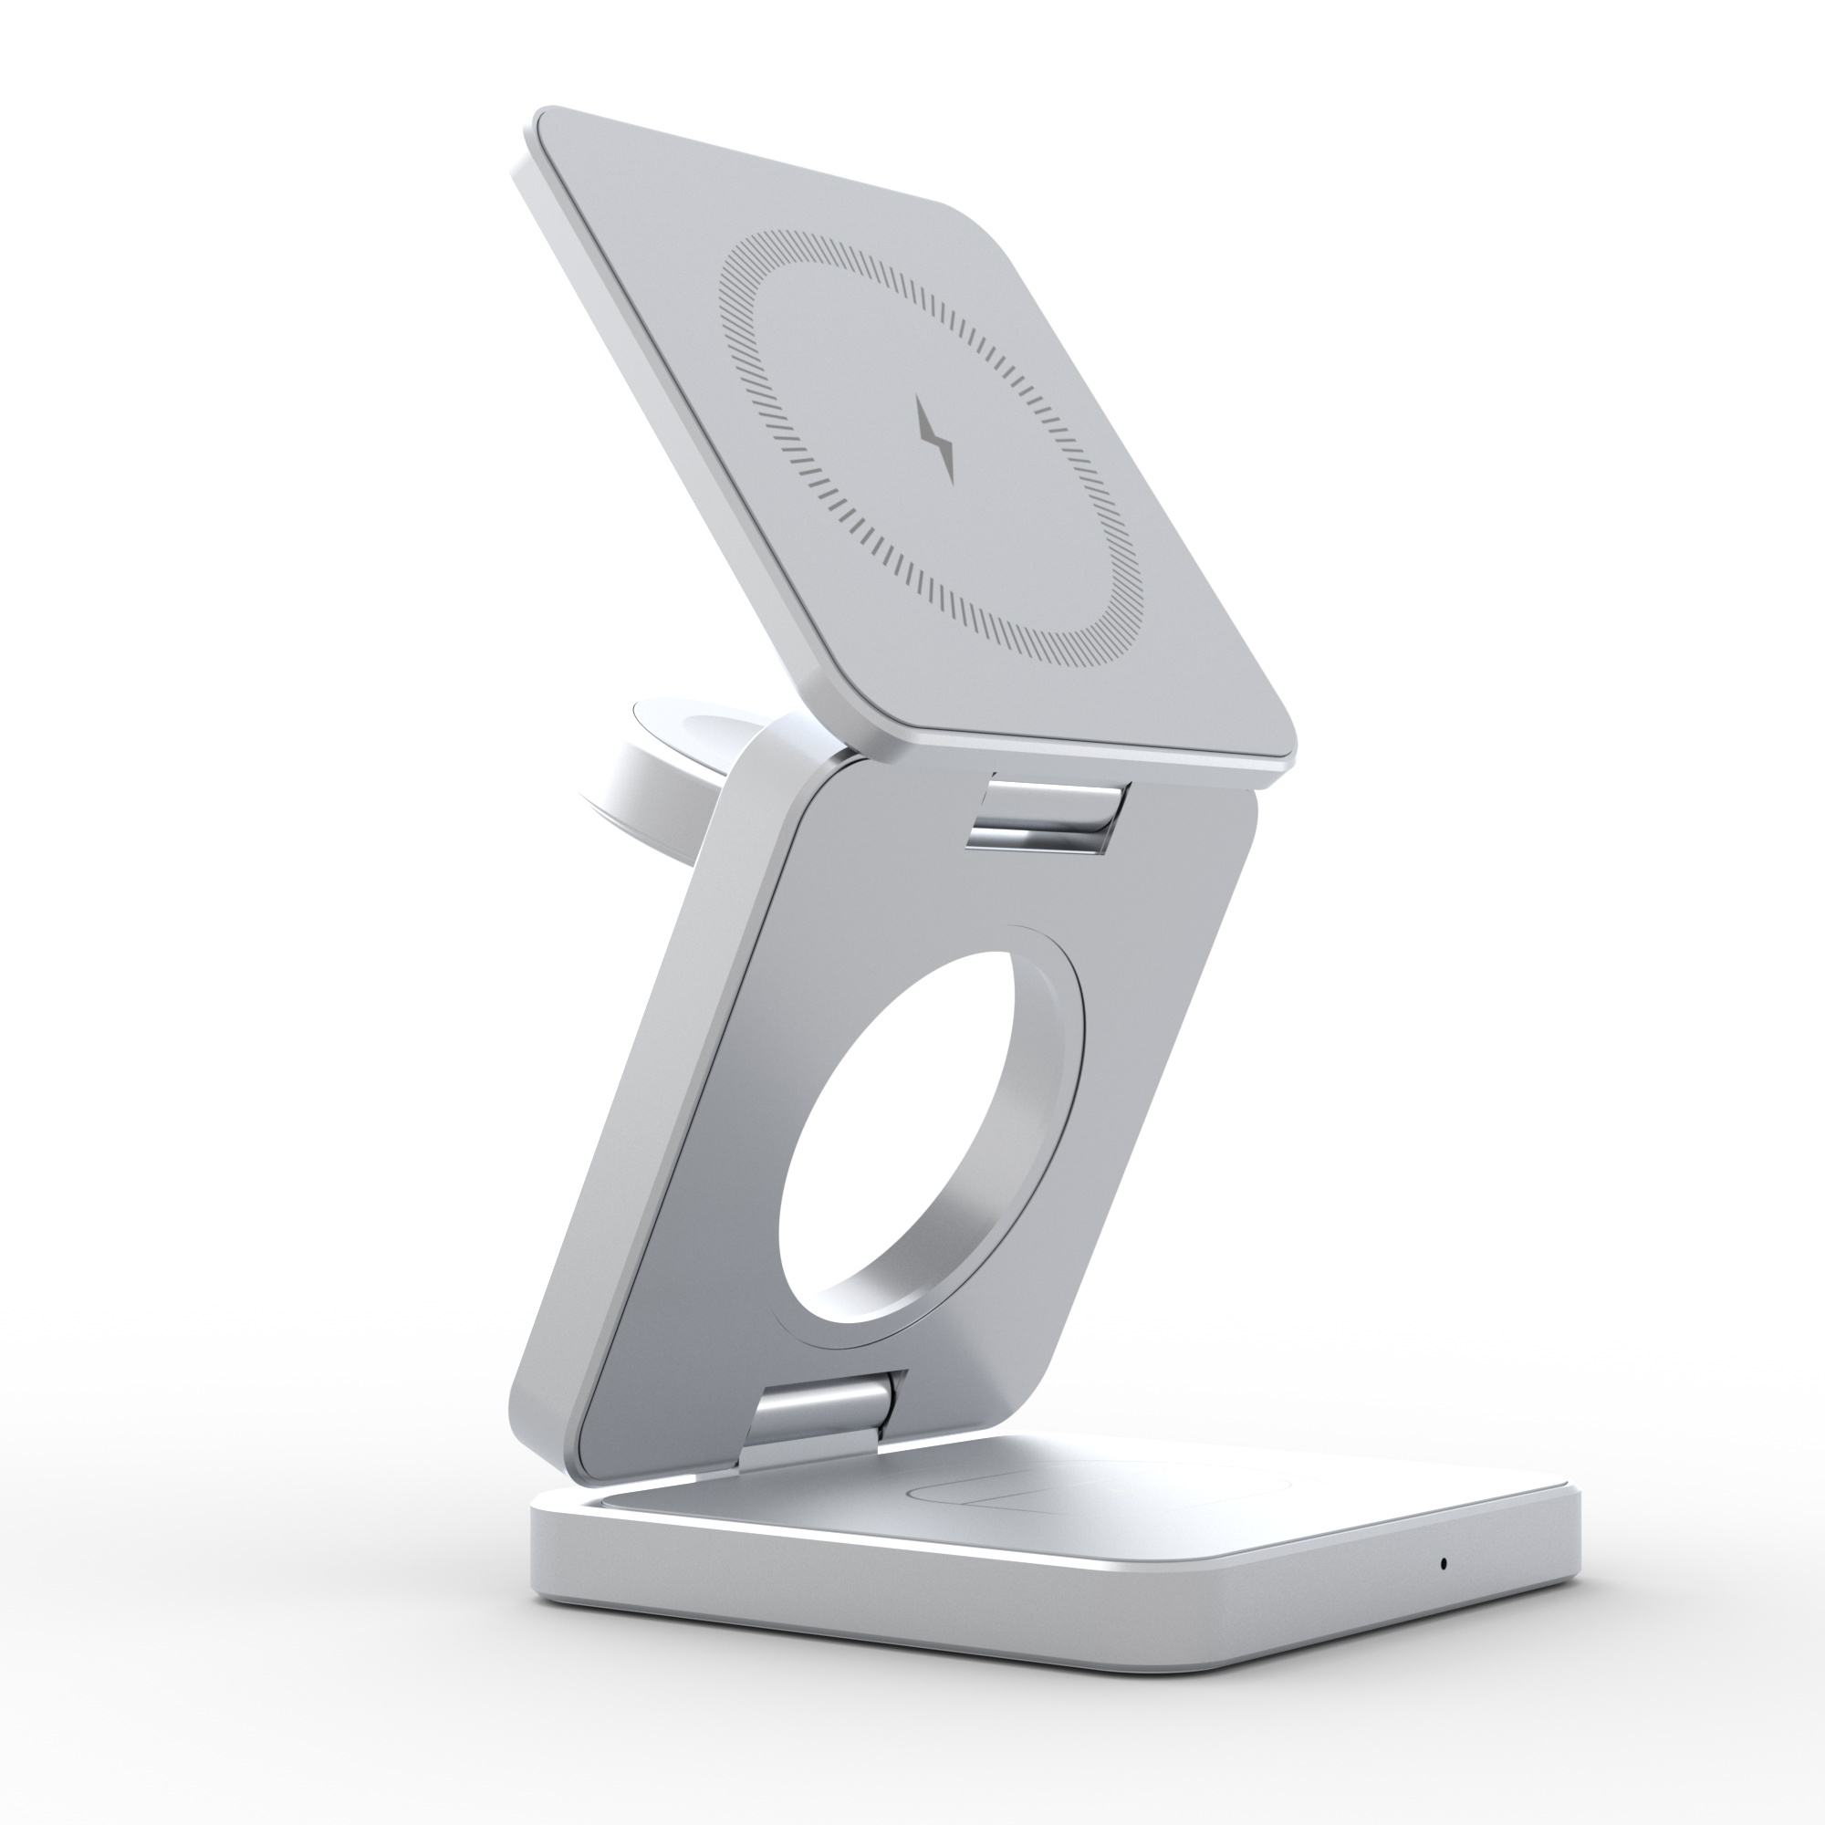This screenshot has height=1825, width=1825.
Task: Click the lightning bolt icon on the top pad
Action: (x=937, y=439)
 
